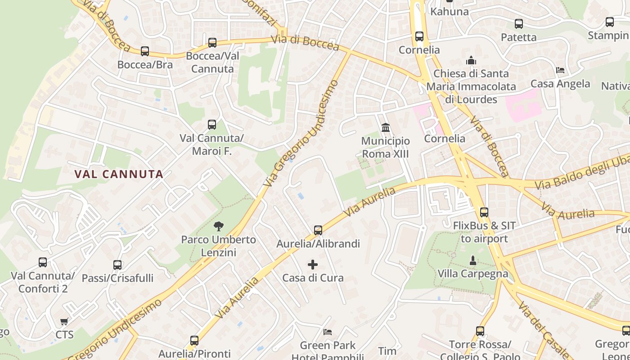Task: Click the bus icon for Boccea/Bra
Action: click(145, 51)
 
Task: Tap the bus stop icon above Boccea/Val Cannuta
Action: click(212, 43)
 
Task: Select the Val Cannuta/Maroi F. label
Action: click(211, 144)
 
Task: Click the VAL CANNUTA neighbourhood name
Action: click(119, 174)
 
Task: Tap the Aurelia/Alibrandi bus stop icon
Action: click(318, 230)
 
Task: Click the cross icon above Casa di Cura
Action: click(313, 264)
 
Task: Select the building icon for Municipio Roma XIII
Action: click(386, 128)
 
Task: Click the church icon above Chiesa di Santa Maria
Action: click(471, 60)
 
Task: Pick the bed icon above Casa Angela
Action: click(560, 70)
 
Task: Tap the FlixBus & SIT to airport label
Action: click(484, 232)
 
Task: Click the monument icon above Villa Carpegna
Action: click(473, 260)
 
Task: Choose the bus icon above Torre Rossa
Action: click(480, 331)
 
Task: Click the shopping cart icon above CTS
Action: click(64, 321)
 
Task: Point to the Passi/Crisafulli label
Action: click(117, 278)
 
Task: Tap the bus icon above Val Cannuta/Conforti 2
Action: click(43, 262)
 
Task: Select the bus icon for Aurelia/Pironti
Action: click(194, 340)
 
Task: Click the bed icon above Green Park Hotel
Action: click(328, 332)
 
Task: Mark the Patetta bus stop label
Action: click(519, 37)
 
